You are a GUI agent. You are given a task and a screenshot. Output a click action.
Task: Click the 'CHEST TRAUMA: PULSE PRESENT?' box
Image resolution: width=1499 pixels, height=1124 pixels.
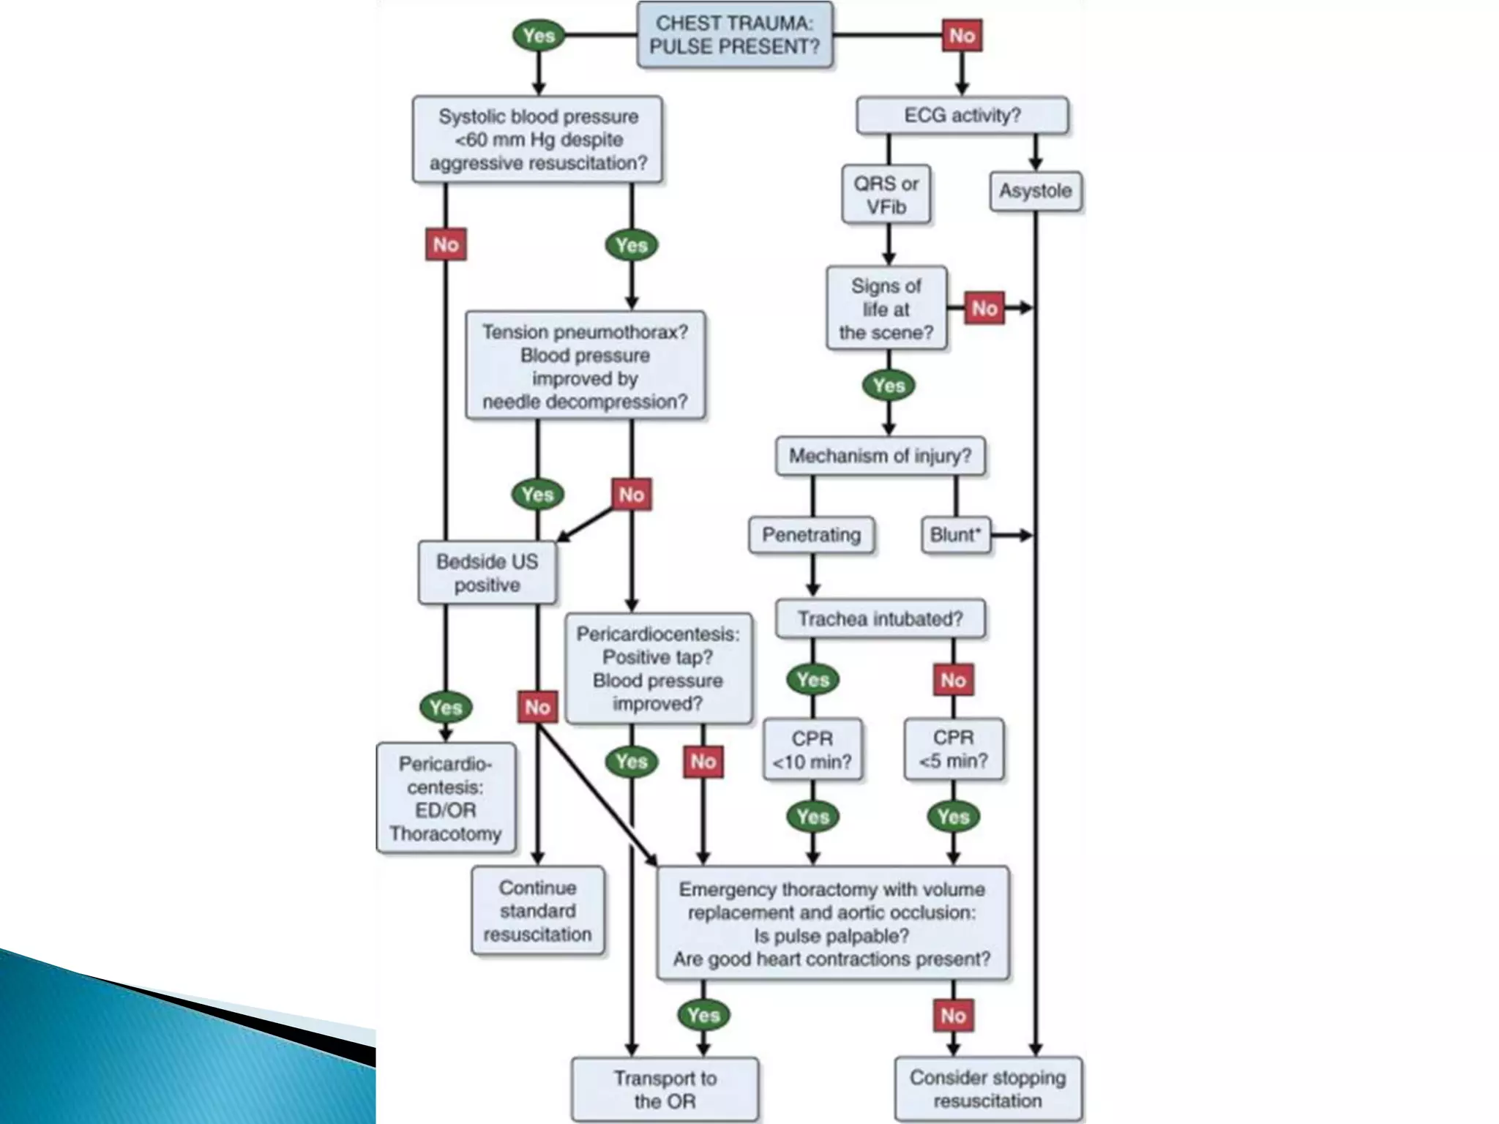[734, 34]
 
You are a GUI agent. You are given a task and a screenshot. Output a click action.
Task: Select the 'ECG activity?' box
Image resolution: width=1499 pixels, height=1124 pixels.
[962, 115]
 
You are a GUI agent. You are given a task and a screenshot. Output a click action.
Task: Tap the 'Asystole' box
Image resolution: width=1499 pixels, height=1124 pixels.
[1035, 191]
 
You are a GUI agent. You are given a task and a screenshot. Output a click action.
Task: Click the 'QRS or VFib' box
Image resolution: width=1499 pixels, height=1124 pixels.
[886, 195]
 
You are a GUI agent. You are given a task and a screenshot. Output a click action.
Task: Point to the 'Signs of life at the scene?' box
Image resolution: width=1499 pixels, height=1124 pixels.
[886, 309]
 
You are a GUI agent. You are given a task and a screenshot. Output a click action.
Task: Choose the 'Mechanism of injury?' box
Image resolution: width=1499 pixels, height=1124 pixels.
[880, 456]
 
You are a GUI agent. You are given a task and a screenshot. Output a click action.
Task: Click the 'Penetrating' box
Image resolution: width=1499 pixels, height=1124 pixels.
[811, 535]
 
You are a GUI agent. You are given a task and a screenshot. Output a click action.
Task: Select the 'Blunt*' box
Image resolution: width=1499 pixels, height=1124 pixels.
[954, 535]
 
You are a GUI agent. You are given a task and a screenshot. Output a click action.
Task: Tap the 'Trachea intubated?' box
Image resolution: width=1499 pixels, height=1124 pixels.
[880, 619]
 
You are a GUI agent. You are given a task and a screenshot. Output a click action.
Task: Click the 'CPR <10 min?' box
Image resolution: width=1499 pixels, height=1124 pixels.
[812, 750]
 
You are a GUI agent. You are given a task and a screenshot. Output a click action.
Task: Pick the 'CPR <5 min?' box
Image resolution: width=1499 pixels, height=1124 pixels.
[953, 749]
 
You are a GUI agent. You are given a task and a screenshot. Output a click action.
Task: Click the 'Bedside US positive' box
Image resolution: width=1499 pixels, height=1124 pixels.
[487, 573]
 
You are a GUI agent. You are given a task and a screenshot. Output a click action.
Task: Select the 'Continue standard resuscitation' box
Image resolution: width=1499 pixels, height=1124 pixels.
[537, 911]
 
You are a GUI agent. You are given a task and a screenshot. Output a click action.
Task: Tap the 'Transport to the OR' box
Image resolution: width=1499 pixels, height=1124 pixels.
[665, 1090]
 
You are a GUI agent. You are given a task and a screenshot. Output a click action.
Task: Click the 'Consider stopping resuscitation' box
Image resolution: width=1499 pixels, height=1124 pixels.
[987, 1089]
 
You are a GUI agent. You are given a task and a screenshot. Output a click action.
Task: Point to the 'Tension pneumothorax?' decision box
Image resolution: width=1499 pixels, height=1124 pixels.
[585, 366]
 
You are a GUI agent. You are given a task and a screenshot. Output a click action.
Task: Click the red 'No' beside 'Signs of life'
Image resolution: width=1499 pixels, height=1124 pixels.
[984, 308]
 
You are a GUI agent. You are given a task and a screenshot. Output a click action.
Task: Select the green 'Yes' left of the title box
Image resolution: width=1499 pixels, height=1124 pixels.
[539, 35]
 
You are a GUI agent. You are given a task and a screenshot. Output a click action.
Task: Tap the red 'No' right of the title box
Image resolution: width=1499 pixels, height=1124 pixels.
[962, 35]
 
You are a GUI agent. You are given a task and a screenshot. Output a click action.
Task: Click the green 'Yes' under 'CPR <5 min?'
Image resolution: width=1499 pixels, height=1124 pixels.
[953, 817]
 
